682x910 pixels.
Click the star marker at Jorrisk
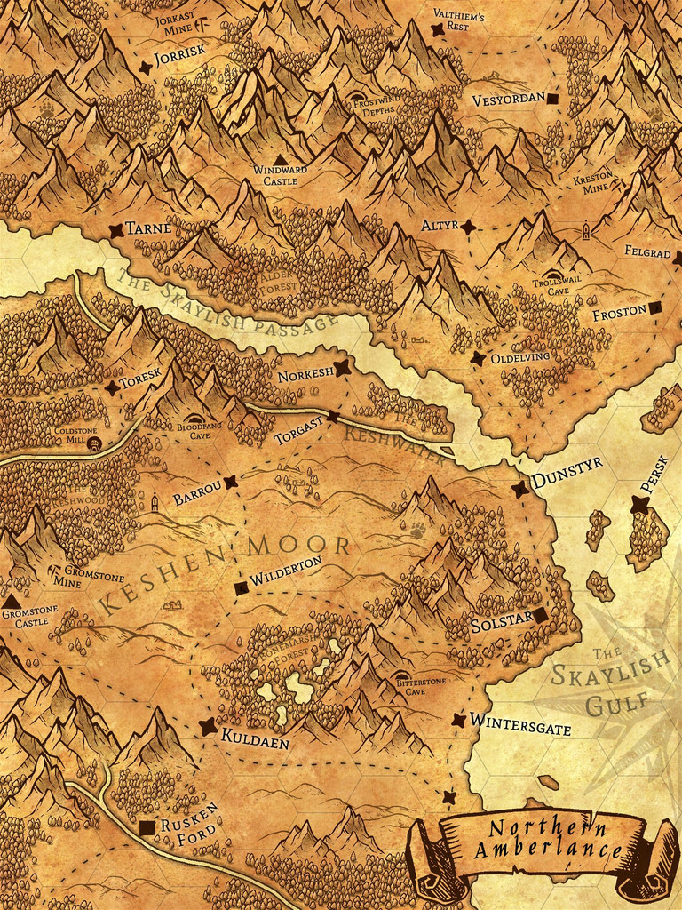146,68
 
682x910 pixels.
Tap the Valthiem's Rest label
457,20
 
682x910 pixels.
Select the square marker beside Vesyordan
553,99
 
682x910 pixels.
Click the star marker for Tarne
115,230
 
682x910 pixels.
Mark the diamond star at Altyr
468,227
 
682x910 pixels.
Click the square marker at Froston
654,308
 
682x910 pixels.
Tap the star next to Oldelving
478,358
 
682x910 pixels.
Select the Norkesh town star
340,368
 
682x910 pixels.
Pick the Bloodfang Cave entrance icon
196,418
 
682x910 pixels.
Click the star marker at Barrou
231,483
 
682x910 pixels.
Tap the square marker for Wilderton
241,587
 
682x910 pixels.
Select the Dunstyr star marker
519,490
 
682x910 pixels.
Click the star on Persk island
638,505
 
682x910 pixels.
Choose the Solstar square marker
539,615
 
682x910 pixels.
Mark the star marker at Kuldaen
208,727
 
